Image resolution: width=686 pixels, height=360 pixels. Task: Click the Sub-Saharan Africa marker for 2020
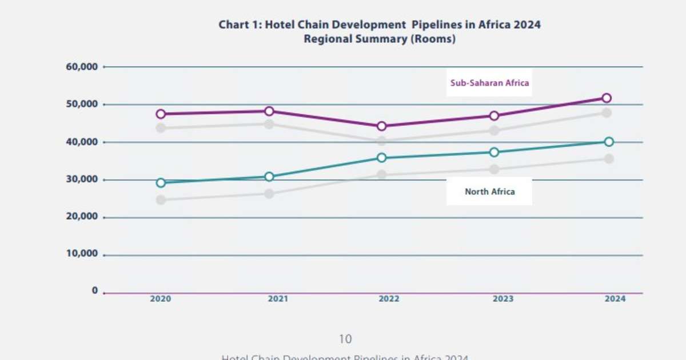tap(161, 114)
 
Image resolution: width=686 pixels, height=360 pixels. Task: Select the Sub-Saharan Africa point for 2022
tap(381, 126)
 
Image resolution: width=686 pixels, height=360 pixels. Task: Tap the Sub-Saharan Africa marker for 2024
tap(607, 98)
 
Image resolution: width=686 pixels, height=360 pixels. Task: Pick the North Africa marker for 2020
tap(161, 183)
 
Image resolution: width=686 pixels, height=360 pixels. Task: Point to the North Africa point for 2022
tap(381, 158)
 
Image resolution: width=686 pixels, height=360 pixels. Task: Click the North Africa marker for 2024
tap(609, 142)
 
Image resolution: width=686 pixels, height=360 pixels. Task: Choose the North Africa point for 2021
tap(269, 177)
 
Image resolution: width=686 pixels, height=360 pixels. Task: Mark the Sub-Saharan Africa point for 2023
tap(494, 115)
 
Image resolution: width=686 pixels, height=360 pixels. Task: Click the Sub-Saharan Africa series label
tap(490, 83)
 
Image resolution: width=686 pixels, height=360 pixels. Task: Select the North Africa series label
tap(489, 191)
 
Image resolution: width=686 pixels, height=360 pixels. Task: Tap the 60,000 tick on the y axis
tap(82, 67)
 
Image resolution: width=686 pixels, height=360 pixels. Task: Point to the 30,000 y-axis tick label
tap(82, 179)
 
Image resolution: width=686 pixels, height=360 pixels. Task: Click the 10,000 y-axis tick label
tap(82, 254)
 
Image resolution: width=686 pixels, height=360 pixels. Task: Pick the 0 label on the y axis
tap(95, 291)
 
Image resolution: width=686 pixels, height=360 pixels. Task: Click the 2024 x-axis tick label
tap(615, 299)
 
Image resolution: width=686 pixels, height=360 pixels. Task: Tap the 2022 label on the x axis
tap(389, 299)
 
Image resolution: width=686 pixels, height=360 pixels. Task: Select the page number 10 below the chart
tap(345, 339)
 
